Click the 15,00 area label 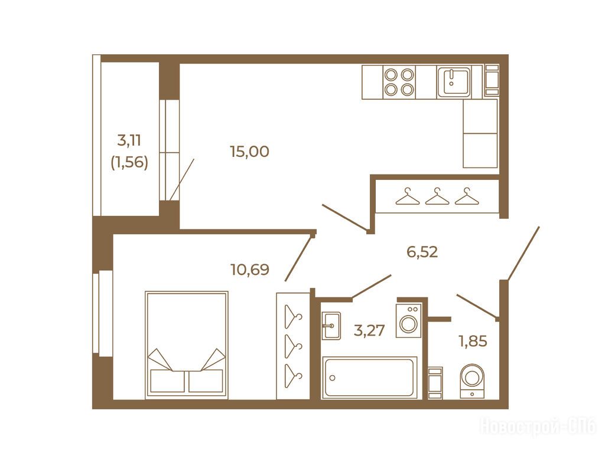tap(249, 152)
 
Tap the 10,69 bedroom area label tap(250, 269)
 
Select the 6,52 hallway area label tap(422, 252)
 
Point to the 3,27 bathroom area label tap(369, 330)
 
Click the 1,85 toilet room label tap(473, 341)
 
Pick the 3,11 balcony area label tap(129, 140)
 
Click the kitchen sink tap(454, 81)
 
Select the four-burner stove tap(399, 81)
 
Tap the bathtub tap(369, 377)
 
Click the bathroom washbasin tap(331, 326)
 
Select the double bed tap(187, 345)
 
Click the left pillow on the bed tap(162, 380)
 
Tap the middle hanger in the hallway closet tap(437, 196)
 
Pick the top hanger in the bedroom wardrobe tap(293, 316)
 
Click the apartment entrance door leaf tap(523, 254)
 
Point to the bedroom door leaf tap(298, 257)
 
